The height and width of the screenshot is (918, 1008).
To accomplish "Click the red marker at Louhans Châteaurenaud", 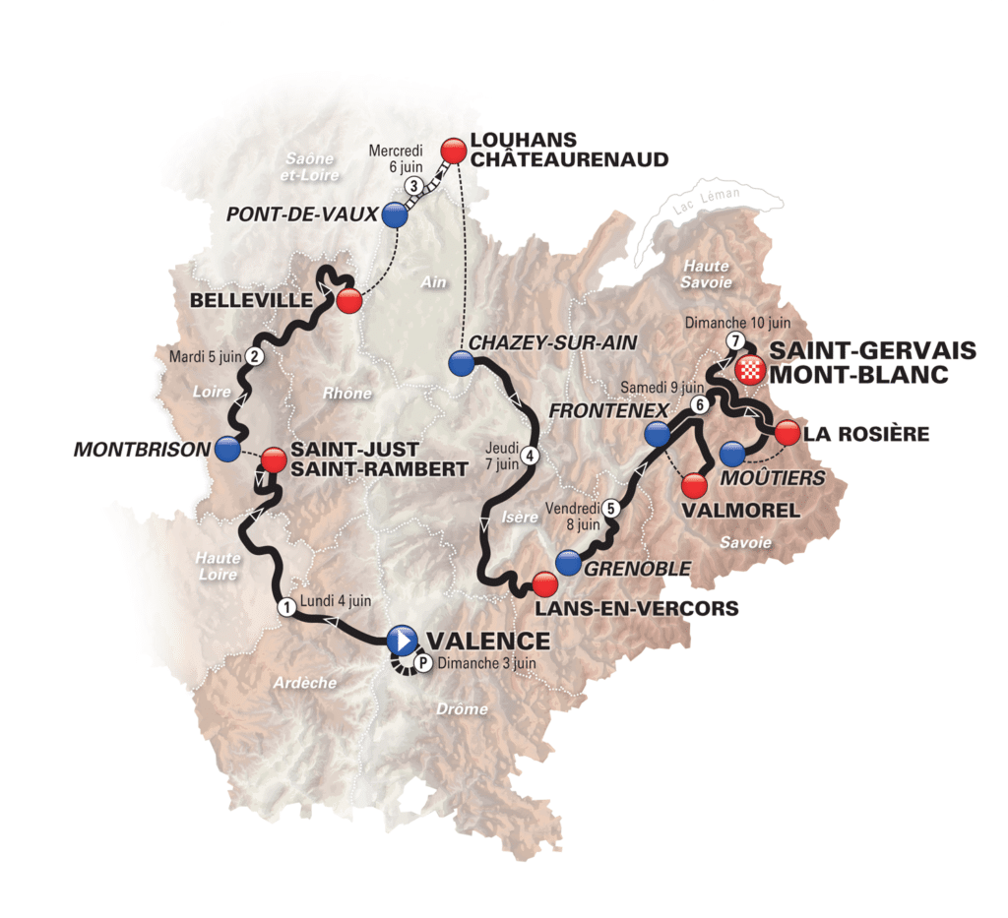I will pyautogui.click(x=453, y=150).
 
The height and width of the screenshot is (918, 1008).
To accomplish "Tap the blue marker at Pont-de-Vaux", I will pyautogui.click(x=395, y=215).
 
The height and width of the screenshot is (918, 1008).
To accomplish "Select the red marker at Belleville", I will pyautogui.click(x=348, y=301).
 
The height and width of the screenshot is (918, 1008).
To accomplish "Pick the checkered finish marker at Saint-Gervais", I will pyautogui.click(x=751, y=370).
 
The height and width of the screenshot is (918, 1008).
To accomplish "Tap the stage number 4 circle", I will pyautogui.click(x=531, y=455).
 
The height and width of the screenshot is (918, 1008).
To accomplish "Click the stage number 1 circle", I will pyautogui.click(x=284, y=607).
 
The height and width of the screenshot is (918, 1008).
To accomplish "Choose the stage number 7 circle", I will pyautogui.click(x=734, y=340).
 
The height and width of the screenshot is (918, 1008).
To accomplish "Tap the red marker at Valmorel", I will pyautogui.click(x=694, y=485).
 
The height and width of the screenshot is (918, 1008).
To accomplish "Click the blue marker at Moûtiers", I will pyautogui.click(x=731, y=455).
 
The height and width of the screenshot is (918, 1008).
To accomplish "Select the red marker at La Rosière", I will pyautogui.click(x=787, y=432).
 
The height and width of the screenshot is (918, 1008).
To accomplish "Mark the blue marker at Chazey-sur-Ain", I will pyautogui.click(x=460, y=363).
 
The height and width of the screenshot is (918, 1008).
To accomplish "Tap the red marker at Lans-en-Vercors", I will pyautogui.click(x=544, y=584).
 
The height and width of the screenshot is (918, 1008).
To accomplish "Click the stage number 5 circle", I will pyautogui.click(x=610, y=509).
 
